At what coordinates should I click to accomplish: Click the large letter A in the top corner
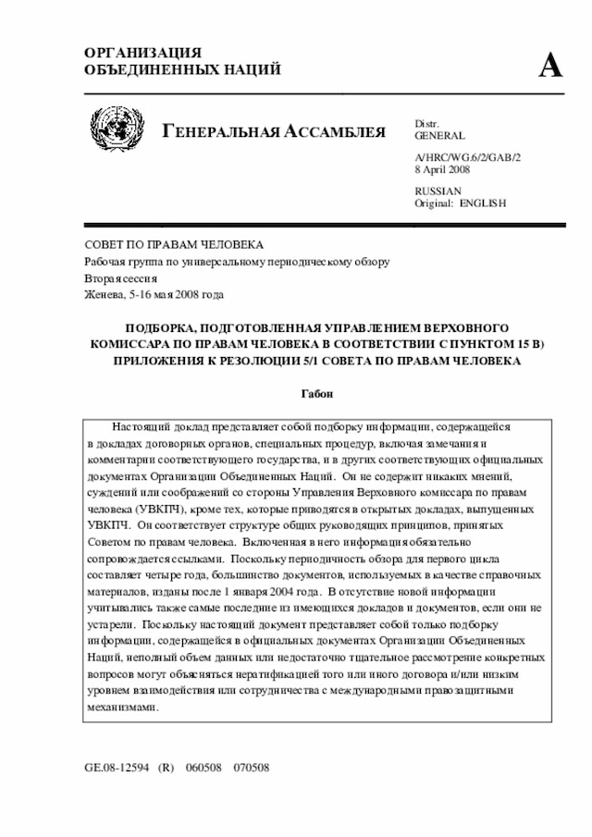(551, 66)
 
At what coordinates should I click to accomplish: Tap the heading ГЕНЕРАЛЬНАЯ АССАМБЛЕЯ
(274, 131)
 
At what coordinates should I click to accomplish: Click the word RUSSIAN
(438, 191)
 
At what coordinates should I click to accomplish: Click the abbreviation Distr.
(426, 124)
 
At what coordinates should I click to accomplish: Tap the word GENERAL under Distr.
(439, 136)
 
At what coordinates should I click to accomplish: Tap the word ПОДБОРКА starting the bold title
(164, 328)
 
